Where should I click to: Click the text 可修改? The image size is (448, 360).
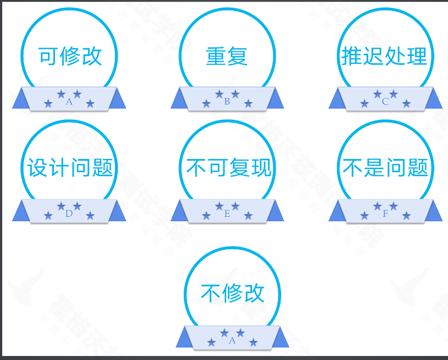coord(70,56)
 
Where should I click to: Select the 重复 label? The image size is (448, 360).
coord(227,57)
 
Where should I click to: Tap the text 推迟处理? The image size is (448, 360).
coord(385,56)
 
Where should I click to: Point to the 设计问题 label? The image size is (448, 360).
coord(70,168)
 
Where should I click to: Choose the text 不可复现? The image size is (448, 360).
coord(228,168)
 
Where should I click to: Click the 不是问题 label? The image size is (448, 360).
coord(385,168)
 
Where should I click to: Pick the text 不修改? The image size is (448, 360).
coord(232,293)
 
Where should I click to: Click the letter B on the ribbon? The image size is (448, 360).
coord(227,102)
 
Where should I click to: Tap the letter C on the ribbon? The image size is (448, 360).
coord(385,102)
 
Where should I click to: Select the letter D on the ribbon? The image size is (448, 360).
coord(69,213)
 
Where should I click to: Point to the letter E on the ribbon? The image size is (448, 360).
coord(227,214)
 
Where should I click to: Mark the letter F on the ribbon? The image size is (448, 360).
coord(385,214)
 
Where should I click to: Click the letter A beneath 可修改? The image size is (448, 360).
coord(69,102)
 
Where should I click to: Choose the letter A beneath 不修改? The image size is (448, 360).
coord(232,340)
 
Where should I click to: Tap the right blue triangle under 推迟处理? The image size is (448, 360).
coord(433,100)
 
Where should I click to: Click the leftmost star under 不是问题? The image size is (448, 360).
coord(365,216)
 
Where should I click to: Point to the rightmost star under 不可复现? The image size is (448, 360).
coord(248,216)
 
